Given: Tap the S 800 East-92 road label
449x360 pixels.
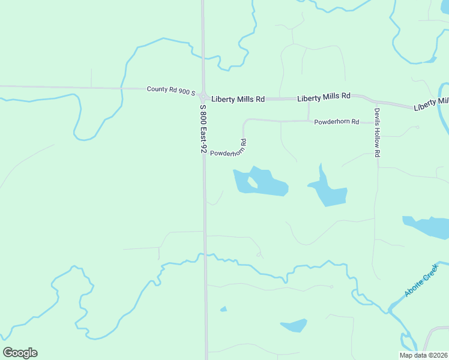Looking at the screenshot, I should click(203, 129).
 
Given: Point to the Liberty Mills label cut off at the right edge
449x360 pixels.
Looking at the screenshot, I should click(430, 105).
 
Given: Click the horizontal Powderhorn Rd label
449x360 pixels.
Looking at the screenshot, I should click(336, 122).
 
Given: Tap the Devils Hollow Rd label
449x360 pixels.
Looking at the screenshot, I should click(378, 133).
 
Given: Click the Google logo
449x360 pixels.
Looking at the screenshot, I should click(20, 352).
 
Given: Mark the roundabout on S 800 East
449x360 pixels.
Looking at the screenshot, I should click(204, 96).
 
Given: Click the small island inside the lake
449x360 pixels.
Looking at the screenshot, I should click(252, 182).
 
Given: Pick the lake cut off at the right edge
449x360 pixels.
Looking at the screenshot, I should click(427, 226).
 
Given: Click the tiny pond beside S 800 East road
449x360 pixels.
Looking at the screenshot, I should click(223, 309).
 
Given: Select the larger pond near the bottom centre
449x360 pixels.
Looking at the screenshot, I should click(295, 326).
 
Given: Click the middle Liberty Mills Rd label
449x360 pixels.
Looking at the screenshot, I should click(324, 97).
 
